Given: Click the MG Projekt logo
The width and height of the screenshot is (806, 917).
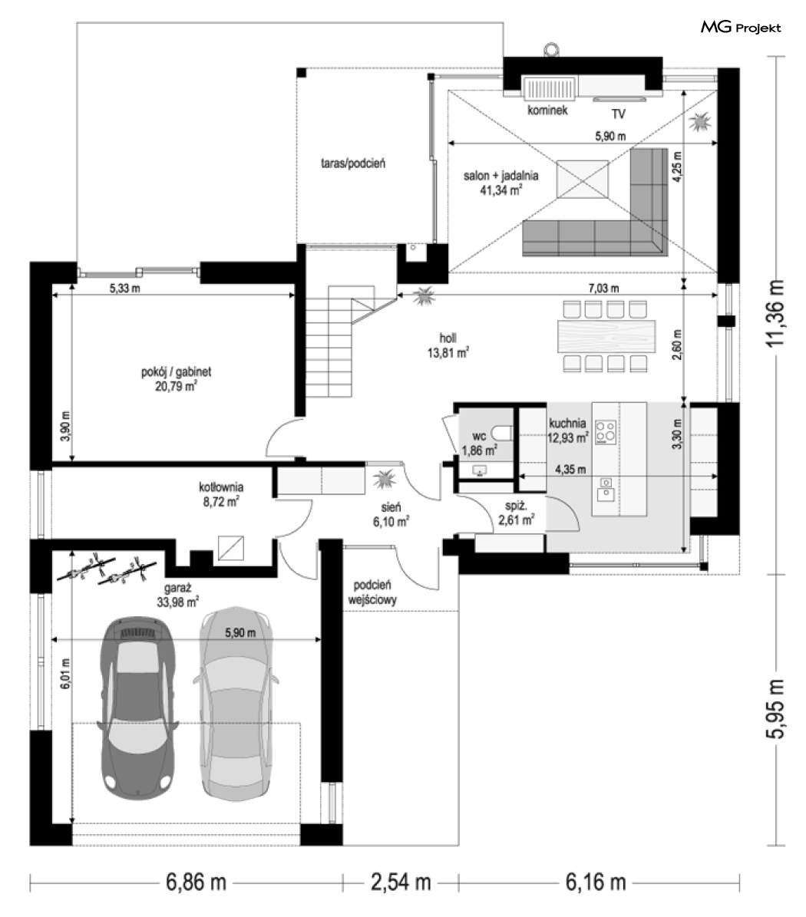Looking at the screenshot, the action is tap(741, 27).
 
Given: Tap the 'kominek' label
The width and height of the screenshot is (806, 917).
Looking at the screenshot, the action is tap(547, 110).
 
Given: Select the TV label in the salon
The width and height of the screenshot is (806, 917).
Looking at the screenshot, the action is tap(618, 114).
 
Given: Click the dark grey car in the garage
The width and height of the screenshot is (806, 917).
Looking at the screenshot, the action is tap(138, 707).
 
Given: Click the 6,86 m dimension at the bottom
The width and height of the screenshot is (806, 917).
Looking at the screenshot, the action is tap(196, 882).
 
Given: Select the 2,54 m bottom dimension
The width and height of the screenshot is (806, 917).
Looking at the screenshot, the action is tap(401, 882).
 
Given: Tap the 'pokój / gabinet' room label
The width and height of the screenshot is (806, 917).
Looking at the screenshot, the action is tap(176, 371).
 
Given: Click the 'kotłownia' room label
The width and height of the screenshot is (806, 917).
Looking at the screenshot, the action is tap(221, 487).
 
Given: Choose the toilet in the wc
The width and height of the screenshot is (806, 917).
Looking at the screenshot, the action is tap(502, 433).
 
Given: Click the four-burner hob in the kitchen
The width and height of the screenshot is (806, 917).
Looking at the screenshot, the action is tap(606, 432).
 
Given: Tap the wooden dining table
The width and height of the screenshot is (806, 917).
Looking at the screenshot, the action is tap(606, 335).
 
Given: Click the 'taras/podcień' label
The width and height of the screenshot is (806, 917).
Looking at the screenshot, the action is tap(352, 163).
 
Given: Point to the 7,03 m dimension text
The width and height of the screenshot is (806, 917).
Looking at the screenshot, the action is tap(603, 288).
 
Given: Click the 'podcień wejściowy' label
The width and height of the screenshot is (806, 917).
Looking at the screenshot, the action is tap(372, 592).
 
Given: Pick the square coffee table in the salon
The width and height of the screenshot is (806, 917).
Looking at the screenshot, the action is tap(583, 180).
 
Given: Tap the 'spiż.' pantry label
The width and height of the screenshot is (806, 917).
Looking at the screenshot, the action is tap(515, 506).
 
